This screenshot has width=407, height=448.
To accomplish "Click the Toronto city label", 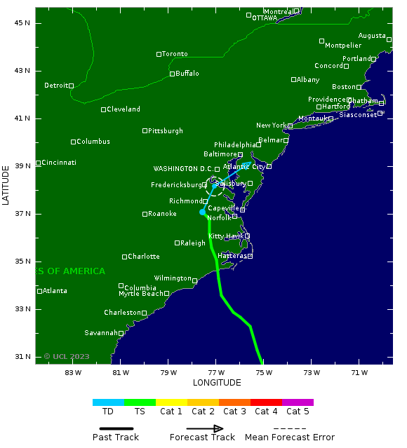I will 175,54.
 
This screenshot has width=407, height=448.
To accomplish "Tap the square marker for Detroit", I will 72,86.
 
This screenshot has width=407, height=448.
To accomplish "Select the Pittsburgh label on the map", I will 166,131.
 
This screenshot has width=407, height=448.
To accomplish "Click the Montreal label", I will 279,12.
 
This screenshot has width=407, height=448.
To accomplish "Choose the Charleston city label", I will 122,313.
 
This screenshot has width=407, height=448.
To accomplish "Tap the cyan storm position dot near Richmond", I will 202,212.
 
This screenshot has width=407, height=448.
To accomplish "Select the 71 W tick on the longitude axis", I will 359,372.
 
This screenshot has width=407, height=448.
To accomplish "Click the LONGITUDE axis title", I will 217,383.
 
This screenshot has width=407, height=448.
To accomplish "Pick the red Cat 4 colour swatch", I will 266,402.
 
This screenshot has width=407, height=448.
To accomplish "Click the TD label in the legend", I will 108,412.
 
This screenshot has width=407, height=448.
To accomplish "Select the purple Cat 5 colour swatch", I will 298,402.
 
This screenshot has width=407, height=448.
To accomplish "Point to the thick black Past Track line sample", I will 116,428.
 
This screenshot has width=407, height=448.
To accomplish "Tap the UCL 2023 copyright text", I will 67,356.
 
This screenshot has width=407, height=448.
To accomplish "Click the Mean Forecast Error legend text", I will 289,437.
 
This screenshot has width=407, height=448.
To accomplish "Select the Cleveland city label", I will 124,109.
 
